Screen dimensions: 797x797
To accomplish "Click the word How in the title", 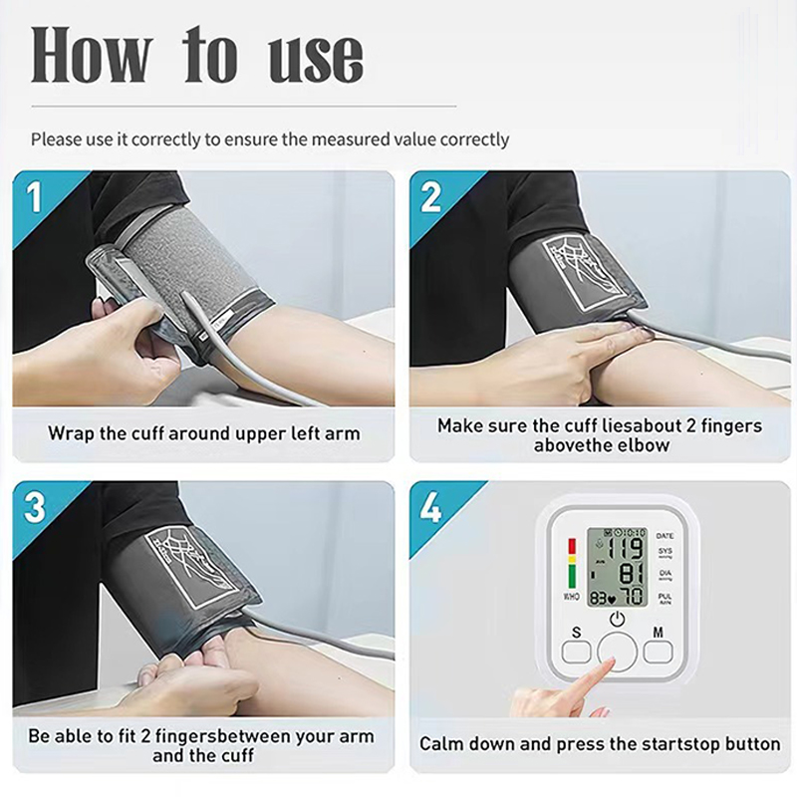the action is [92, 55].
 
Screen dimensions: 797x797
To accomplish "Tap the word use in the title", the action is [316, 60].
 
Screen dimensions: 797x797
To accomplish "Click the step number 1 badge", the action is [34, 197].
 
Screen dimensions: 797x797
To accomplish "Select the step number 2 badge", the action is [430, 197].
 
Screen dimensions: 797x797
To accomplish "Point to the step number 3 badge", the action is [34, 508].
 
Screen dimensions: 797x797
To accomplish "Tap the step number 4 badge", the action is [430, 508].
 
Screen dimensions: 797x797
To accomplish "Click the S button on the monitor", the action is [576, 652].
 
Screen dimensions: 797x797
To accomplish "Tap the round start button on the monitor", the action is [617, 653].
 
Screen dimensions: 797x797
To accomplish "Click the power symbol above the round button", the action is [617, 619].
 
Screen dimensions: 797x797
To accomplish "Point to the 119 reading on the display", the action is [627, 549].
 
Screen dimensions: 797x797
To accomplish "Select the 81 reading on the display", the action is [632, 573].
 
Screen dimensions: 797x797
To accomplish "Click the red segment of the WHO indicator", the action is [572, 546].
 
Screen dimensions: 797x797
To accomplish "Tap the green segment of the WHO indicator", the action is [572, 576].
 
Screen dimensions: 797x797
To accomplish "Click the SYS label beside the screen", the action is [664, 551].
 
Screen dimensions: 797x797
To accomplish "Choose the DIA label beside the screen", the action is [664, 574].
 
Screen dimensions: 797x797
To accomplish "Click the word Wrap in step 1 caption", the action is [71, 434].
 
